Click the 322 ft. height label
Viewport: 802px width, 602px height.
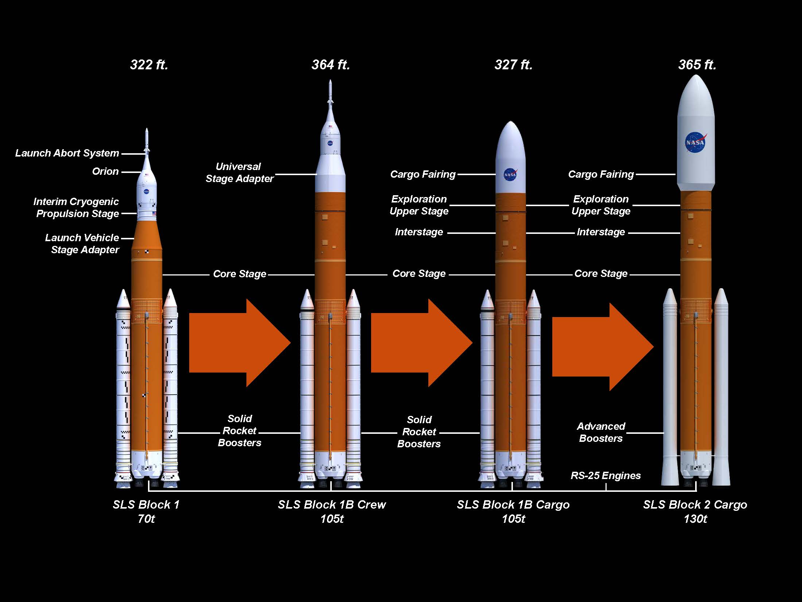tap(149, 65)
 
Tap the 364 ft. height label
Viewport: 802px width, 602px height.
tap(331, 65)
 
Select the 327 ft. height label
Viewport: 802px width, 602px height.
tap(513, 65)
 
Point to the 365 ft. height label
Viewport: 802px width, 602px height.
tap(697, 65)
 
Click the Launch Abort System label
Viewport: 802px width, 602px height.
tap(67, 153)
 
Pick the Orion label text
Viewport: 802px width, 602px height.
tap(105, 171)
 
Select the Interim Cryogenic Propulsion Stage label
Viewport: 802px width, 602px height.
tap(77, 207)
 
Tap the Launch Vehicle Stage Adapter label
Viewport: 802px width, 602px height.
tap(82, 243)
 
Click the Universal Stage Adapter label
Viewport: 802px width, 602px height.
tap(240, 172)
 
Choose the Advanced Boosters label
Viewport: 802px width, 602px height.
tap(601, 432)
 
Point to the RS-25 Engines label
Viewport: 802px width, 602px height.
tap(606, 475)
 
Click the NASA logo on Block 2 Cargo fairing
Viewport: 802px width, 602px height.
tap(695, 142)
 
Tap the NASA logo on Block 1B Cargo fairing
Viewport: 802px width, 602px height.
tap(510, 174)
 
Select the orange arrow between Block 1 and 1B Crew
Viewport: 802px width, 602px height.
tap(240, 343)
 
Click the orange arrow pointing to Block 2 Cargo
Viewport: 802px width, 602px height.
tap(603, 347)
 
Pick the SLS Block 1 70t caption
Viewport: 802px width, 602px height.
tap(146, 511)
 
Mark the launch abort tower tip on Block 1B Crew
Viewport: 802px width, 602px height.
tap(330, 81)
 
